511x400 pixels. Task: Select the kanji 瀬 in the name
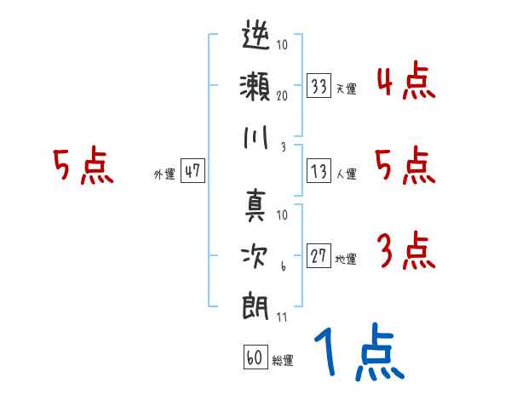point(255,85)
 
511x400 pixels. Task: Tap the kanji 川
point(255,136)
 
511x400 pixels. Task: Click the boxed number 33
point(319,86)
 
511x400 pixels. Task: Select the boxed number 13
point(319,171)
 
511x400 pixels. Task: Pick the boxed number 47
point(192,171)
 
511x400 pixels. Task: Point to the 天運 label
point(346,89)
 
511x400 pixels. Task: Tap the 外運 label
point(164,174)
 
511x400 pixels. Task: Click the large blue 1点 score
point(357,353)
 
